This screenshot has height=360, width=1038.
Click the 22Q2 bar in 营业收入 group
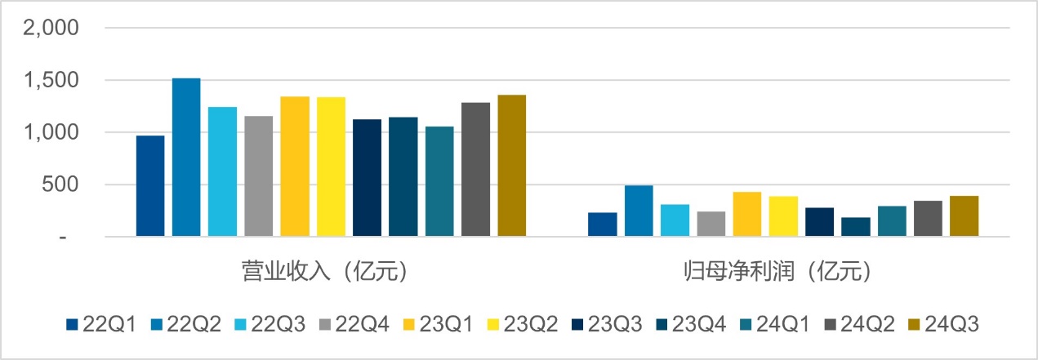click(186, 158)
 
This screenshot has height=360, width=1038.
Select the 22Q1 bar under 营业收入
click(150, 186)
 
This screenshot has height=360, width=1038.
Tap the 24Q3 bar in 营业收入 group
click(512, 166)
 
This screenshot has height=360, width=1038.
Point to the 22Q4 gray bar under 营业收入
click(259, 176)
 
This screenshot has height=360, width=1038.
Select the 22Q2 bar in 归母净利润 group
click(639, 211)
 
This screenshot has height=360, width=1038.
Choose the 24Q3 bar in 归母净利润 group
click(964, 216)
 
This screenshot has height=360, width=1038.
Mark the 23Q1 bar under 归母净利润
click(747, 215)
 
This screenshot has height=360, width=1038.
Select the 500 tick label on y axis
click(60, 184)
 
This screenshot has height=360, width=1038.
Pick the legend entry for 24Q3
click(945, 324)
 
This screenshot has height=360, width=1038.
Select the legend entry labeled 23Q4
click(693, 324)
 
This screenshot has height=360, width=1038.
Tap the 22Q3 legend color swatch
click(238, 325)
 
